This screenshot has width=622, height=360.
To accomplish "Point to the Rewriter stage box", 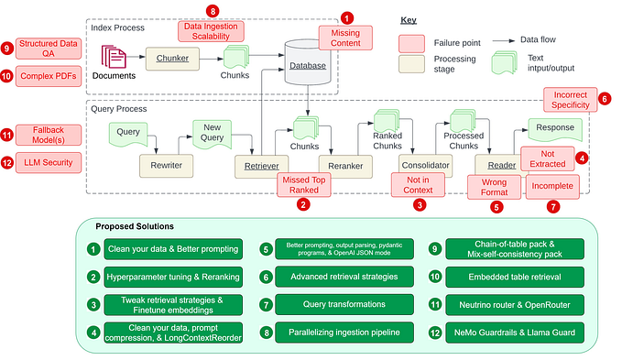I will pos(166,165).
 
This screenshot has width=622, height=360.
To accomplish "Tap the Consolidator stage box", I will pos(426,165).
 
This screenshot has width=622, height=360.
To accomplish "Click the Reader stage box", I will pos(499,165).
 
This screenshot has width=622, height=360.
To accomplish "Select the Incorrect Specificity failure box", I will pos(570,100).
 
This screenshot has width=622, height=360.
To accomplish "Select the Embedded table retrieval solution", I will pos(513,276).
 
